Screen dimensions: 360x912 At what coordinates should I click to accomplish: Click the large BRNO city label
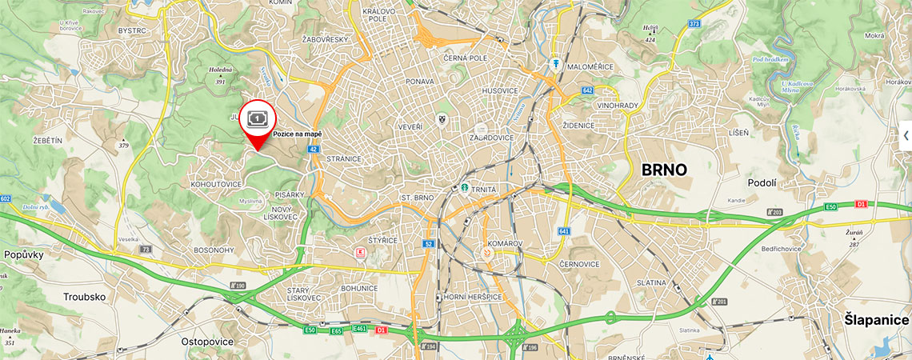[664, 170]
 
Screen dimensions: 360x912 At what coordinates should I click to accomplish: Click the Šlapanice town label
[876, 320]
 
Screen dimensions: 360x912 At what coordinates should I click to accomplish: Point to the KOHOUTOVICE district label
[216, 184]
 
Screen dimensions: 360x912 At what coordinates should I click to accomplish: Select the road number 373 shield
[694, 24]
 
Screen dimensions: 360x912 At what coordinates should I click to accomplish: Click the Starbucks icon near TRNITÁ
[462, 189]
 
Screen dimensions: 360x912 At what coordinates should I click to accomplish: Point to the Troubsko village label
[86, 296]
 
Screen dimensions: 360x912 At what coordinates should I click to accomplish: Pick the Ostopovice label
[207, 342]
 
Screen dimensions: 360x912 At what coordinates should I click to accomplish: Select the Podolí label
[762, 182]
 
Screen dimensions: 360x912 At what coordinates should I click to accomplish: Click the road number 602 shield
[6, 198]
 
